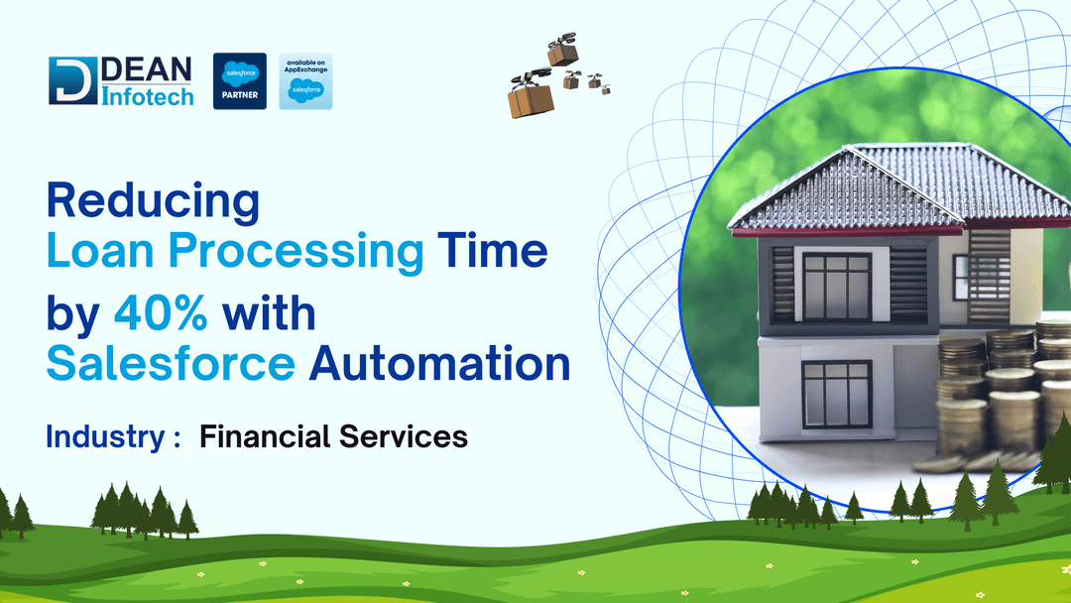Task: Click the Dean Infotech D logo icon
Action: tap(72, 81)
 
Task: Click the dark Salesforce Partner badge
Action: tap(240, 81)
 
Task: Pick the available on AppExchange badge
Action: tap(305, 81)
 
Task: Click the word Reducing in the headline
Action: tap(153, 201)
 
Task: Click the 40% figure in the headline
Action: tap(161, 314)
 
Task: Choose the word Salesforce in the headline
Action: tap(171, 364)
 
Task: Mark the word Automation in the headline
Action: tap(439, 364)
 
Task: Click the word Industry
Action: tap(103, 436)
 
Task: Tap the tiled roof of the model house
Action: tap(892, 183)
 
